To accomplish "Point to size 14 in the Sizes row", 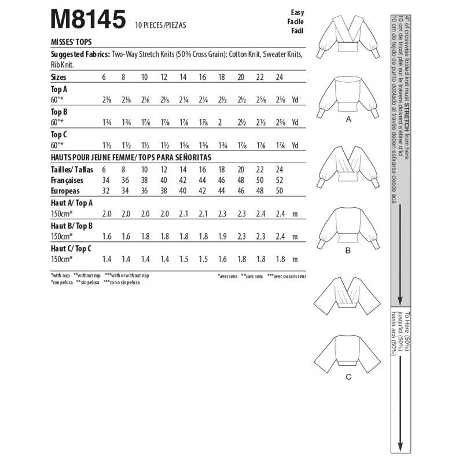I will pos(183,76).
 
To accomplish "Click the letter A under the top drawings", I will pos(348,120).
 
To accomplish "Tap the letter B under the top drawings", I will pos(348,251).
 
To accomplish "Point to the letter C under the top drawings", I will pos(348,378).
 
